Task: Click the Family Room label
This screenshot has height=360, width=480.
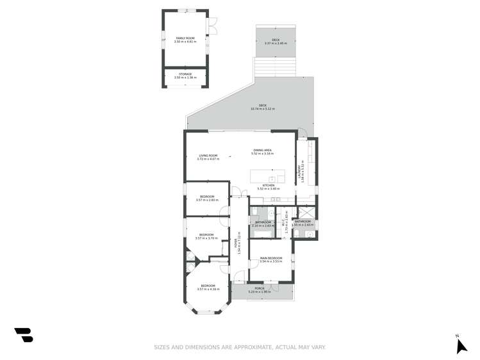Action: click(185, 40)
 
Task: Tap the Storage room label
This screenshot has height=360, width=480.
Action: click(185, 76)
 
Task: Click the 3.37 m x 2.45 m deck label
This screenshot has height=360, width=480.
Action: click(275, 42)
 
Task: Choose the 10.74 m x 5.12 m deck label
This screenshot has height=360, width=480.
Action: click(262, 107)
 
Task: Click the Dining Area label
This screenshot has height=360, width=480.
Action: click(263, 152)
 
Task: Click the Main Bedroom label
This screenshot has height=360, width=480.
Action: click(271, 259)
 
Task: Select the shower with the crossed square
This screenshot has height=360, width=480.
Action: click(306, 214)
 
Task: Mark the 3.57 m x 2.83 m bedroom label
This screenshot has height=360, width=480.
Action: click(206, 198)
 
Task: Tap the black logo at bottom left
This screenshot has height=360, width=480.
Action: click(24, 334)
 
